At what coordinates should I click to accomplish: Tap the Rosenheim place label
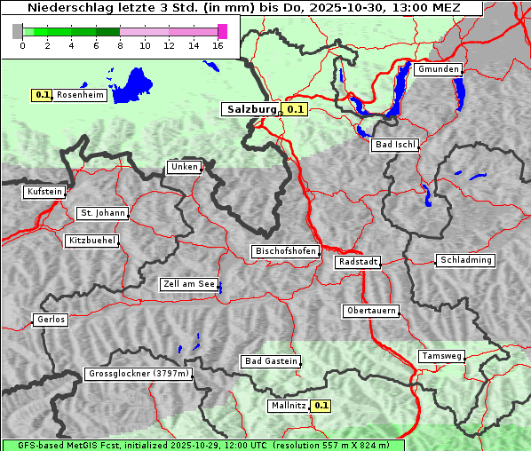pos(80,95)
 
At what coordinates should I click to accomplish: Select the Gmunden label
pos(438,69)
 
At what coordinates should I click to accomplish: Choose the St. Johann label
pos(102,213)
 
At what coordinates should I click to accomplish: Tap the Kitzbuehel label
pos(91,241)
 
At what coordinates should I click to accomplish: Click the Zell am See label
pos(188,284)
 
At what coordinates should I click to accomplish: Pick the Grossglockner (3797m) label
pos(139,375)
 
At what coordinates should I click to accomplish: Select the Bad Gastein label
pos(271,361)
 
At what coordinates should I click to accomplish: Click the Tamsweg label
pos(440,356)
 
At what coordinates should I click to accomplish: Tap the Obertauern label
pos(370,311)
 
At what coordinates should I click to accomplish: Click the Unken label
pos(184,167)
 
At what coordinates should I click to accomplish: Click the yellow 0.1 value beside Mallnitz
pos(321,406)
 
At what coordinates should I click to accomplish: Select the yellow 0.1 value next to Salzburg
pos(295,110)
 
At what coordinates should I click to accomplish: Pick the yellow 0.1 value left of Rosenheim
pos(42,95)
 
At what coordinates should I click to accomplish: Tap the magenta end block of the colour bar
pos(222,31)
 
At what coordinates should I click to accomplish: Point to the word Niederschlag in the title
pos(63,8)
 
